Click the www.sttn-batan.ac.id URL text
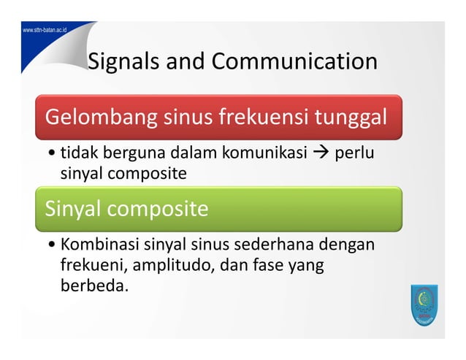[x=45, y=30]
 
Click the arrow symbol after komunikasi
[x=318, y=154]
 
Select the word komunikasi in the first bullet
[x=259, y=154]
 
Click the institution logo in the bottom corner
[x=422, y=305]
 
